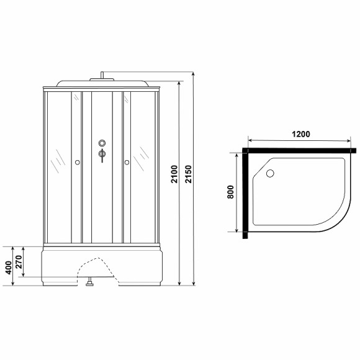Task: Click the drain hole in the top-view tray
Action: (x=270, y=175)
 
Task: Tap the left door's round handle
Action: (x=77, y=163)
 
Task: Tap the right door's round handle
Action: (x=127, y=163)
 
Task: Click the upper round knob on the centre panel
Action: (x=102, y=145)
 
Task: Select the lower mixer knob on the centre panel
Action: (x=102, y=155)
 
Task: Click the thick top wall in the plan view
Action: (x=300, y=150)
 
